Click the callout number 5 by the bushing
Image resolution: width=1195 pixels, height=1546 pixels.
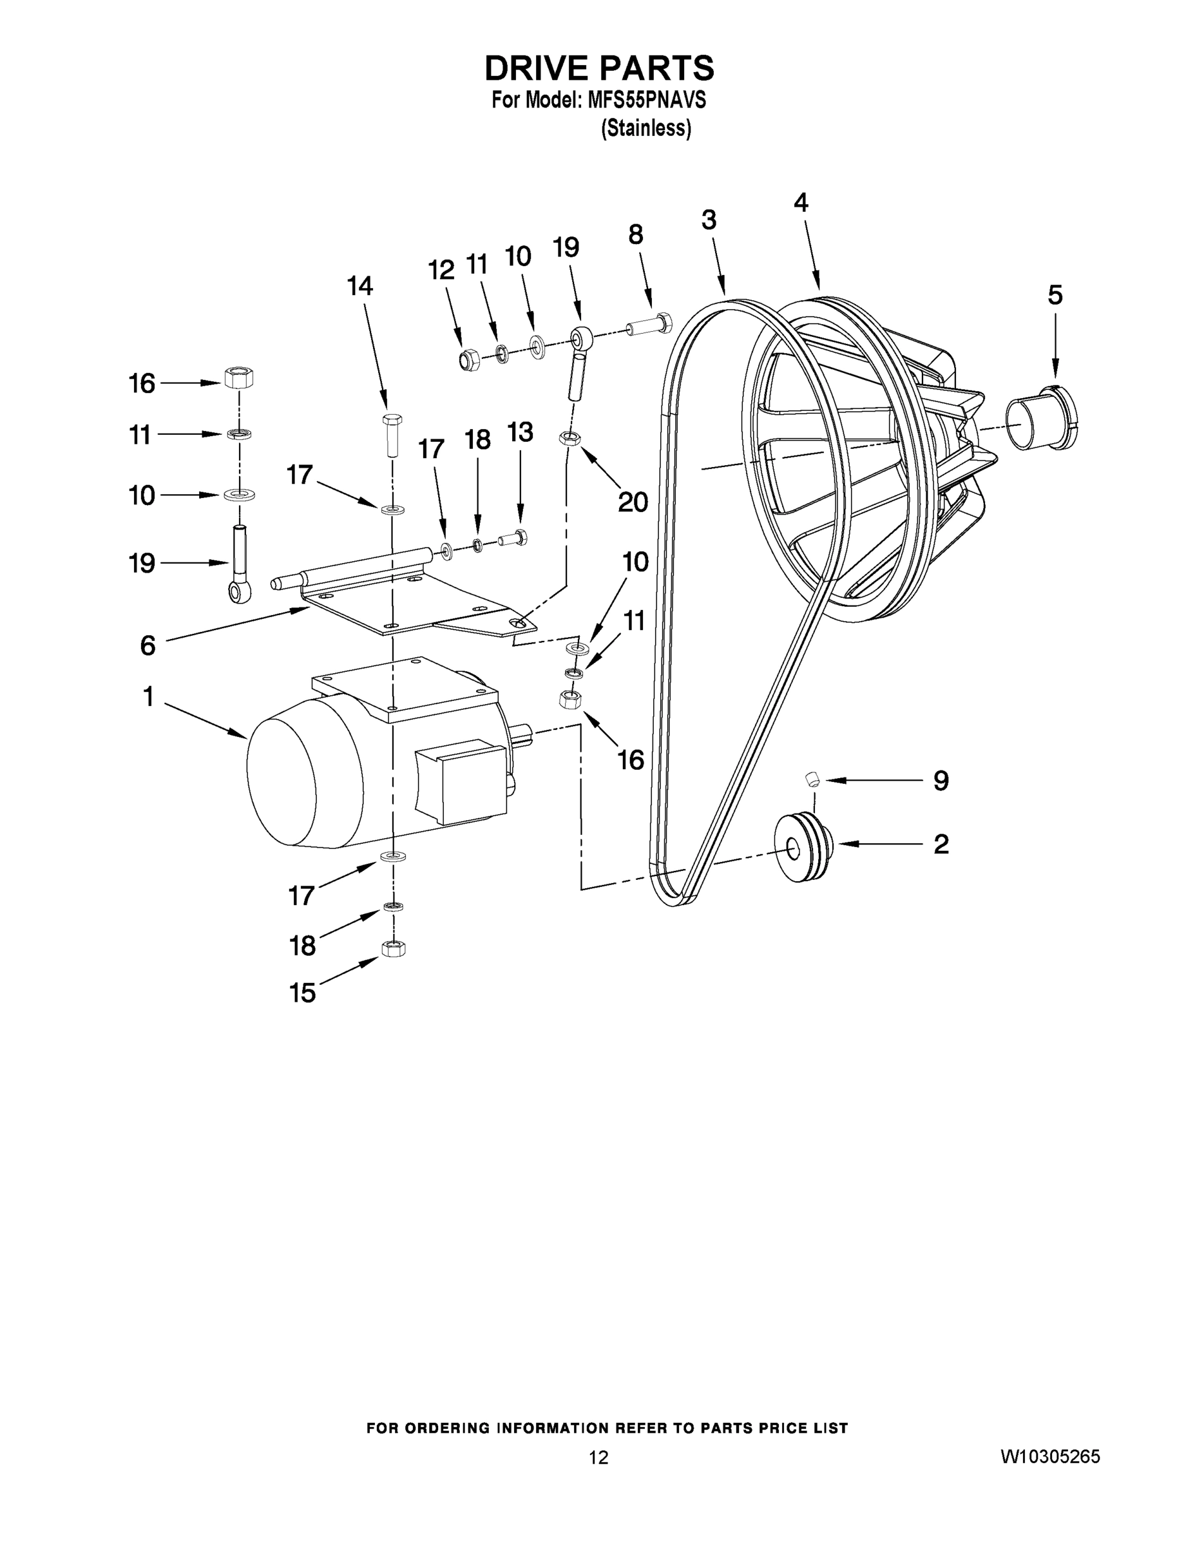1054,295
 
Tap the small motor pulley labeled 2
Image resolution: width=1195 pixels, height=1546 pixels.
803,847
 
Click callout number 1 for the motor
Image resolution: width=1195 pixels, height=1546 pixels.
148,697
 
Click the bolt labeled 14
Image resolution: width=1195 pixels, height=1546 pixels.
391,434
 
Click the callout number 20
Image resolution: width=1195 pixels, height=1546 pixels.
633,502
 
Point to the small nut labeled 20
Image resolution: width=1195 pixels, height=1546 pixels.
569,438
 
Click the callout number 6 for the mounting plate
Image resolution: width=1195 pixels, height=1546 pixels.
148,645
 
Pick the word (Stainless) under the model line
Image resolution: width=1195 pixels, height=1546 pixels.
645,129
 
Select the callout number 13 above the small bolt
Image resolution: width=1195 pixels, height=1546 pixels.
520,432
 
